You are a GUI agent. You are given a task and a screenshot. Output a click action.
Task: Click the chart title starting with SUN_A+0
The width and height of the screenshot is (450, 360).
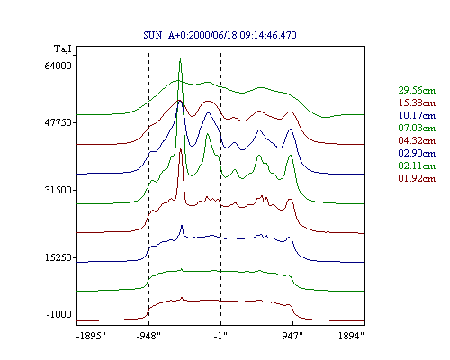click(x=220, y=35)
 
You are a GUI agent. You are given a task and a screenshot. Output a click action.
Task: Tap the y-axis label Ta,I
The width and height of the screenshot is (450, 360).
click(x=63, y=49)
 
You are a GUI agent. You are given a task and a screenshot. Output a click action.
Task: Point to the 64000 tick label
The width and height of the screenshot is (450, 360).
click(x=58, y=66)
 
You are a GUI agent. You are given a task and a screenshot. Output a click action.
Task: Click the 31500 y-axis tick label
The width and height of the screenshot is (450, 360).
click(x=58, y=190)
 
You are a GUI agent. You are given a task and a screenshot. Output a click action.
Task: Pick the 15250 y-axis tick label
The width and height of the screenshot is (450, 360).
click(x=58, y=257)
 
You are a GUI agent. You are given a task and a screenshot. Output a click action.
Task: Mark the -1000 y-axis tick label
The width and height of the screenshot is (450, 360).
click(x=58, y=314)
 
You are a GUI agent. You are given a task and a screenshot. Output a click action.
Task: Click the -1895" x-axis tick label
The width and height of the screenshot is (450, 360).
click(x=91, y=336)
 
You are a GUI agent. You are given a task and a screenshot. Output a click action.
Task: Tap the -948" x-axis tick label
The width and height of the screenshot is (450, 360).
click(x=148, y=336)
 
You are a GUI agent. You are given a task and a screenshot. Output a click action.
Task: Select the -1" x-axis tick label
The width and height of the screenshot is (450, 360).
click(x=220, y=336)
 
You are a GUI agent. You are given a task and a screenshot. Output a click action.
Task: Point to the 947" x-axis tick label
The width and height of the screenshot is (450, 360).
click(x=292, y=336)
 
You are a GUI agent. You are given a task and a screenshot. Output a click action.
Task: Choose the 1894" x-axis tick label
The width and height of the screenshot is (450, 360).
click(x=351, y=336)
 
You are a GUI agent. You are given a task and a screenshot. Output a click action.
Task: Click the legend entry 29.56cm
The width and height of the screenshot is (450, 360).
click(x=417, y=90)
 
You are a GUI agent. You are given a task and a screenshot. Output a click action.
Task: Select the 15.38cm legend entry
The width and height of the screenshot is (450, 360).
click(x=417, y=103)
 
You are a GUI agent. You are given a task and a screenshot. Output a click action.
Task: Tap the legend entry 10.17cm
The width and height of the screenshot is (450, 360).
click(x=417, y=115)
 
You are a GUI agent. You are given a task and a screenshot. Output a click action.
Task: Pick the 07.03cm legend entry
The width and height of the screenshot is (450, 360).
click(x=417, y=128)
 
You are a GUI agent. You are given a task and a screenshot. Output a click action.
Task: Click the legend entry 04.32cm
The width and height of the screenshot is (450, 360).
click(x=417, y=140)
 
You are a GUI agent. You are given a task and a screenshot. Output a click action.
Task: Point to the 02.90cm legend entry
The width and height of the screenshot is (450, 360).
click(x=417, y=153)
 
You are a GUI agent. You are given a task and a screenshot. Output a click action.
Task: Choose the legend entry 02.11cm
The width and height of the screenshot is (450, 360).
click(x=417, y=166)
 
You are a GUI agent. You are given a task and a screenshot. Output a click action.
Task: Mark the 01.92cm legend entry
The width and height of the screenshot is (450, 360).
click(x=417, y=178)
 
